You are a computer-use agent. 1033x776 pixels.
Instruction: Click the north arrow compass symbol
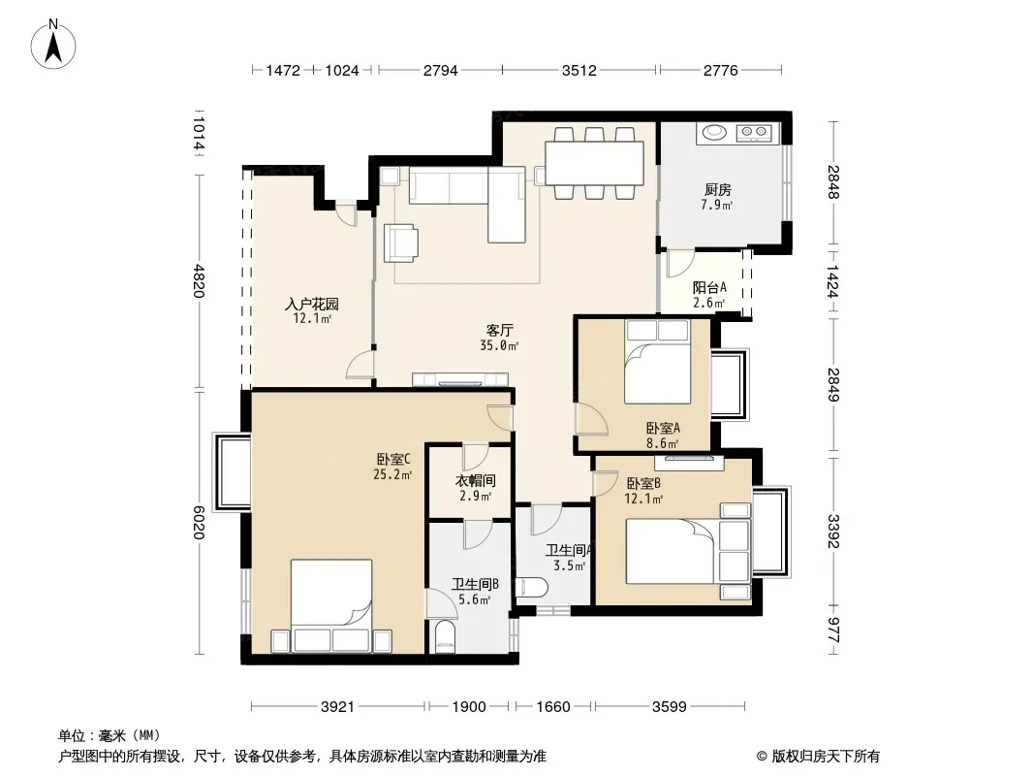pyautogui.click(x=53, y=45)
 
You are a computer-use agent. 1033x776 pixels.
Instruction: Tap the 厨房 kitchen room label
pyautogui.click(x=717, y=190)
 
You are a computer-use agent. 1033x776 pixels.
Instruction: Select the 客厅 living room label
pyautogui.click(x=499, y=331)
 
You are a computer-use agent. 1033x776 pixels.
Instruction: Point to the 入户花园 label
pyautogui.click(x=312, y=304)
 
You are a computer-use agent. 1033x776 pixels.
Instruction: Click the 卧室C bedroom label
pyautogui.click(x=393, y=459)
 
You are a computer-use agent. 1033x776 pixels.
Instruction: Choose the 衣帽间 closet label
pyautogui.click(x=475, y=481)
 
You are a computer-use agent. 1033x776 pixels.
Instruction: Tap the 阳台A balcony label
pyautogui.click(x=709, y=287)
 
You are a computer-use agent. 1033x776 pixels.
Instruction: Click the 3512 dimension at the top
pyautogui.click(x=579, y=70)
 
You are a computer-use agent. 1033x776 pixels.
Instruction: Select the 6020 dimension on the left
pyautogui.click(x=199, y=523)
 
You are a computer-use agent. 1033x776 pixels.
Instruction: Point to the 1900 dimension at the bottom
pyautogui.click(x=469, y=707)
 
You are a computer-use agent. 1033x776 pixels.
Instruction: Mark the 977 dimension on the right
pyautogui.click(x=833, y=630)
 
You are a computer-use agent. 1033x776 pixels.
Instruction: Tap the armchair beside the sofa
pyautogui.click(x=400, y=242)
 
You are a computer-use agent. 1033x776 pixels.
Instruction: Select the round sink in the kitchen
pyautogui.click(x=714, y=133)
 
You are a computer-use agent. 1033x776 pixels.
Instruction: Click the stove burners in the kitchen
pyautogui.click(x=755, y=133)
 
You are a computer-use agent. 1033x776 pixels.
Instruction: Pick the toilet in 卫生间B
pyautogui.click(x=446, y=636)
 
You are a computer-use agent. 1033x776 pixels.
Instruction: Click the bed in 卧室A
pyautogui.click(x=657, y=362)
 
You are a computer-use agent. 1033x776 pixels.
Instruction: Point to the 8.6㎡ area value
pyautogui.click(x=663, y=443)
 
